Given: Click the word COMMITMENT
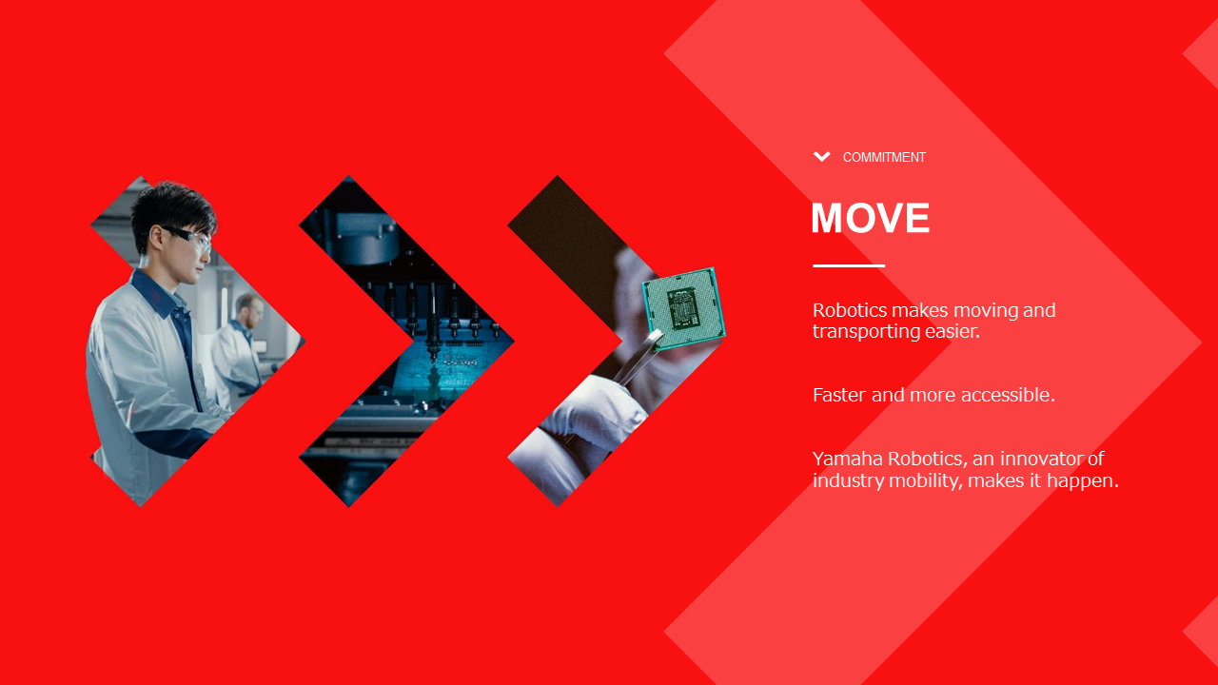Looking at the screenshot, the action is pyautogui.click(x=884, y=157).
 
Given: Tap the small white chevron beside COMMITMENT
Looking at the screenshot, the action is pyautogui.click(x=821, y=157).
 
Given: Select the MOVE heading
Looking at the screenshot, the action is pyautogui.click(x=871, y=218).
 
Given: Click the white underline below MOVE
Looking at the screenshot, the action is pyautogui.click(x=849, y=265).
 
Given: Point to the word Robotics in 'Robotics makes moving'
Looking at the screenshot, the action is pyautogui.click(x=850, y=310).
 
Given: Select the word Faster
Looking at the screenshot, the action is pyautogui.click(x=839, y=395).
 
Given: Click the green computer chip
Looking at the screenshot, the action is pyautogui.click(x=683, y=308).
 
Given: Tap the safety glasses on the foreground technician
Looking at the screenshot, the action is pyautogui.click(x=188, y=238).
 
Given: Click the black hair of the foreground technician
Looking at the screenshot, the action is pyautogui.click(x=172, y=209).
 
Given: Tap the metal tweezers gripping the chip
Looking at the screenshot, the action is pyautogui.click(x=637, y=360).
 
